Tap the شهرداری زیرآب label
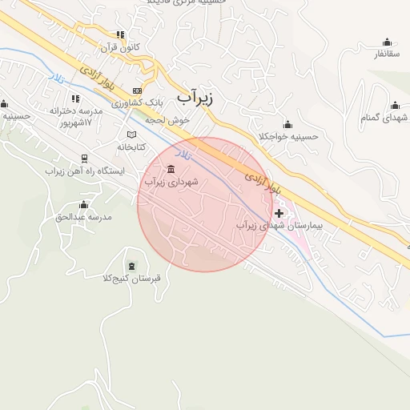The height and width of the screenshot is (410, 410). click(x=171, y=183)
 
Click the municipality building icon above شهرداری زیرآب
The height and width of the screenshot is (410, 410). click(x=171, y=169)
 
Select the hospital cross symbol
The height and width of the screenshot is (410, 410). click(x=279, y=213)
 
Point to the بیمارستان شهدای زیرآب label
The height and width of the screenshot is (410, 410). click(x=279, y=227)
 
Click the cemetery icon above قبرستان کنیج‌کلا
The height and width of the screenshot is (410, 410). click(x=131, y=266)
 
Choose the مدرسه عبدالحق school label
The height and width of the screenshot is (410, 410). click(x=82, y=217)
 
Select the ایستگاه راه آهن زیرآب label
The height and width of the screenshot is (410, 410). click(x=84, y=171)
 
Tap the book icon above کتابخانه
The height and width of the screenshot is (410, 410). click(x=132, y=134)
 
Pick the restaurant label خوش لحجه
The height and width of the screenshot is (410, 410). click(x=167, y=119)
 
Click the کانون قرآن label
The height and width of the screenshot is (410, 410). click(x=120, y=47)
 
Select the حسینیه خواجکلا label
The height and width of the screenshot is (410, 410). click(x=288, y=136)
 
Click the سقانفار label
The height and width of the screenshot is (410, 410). click(x=387, y=54)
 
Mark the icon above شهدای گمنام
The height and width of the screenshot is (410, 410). click(x=395, y=105)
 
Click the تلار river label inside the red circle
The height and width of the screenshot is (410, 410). click(x=185, y=152)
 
